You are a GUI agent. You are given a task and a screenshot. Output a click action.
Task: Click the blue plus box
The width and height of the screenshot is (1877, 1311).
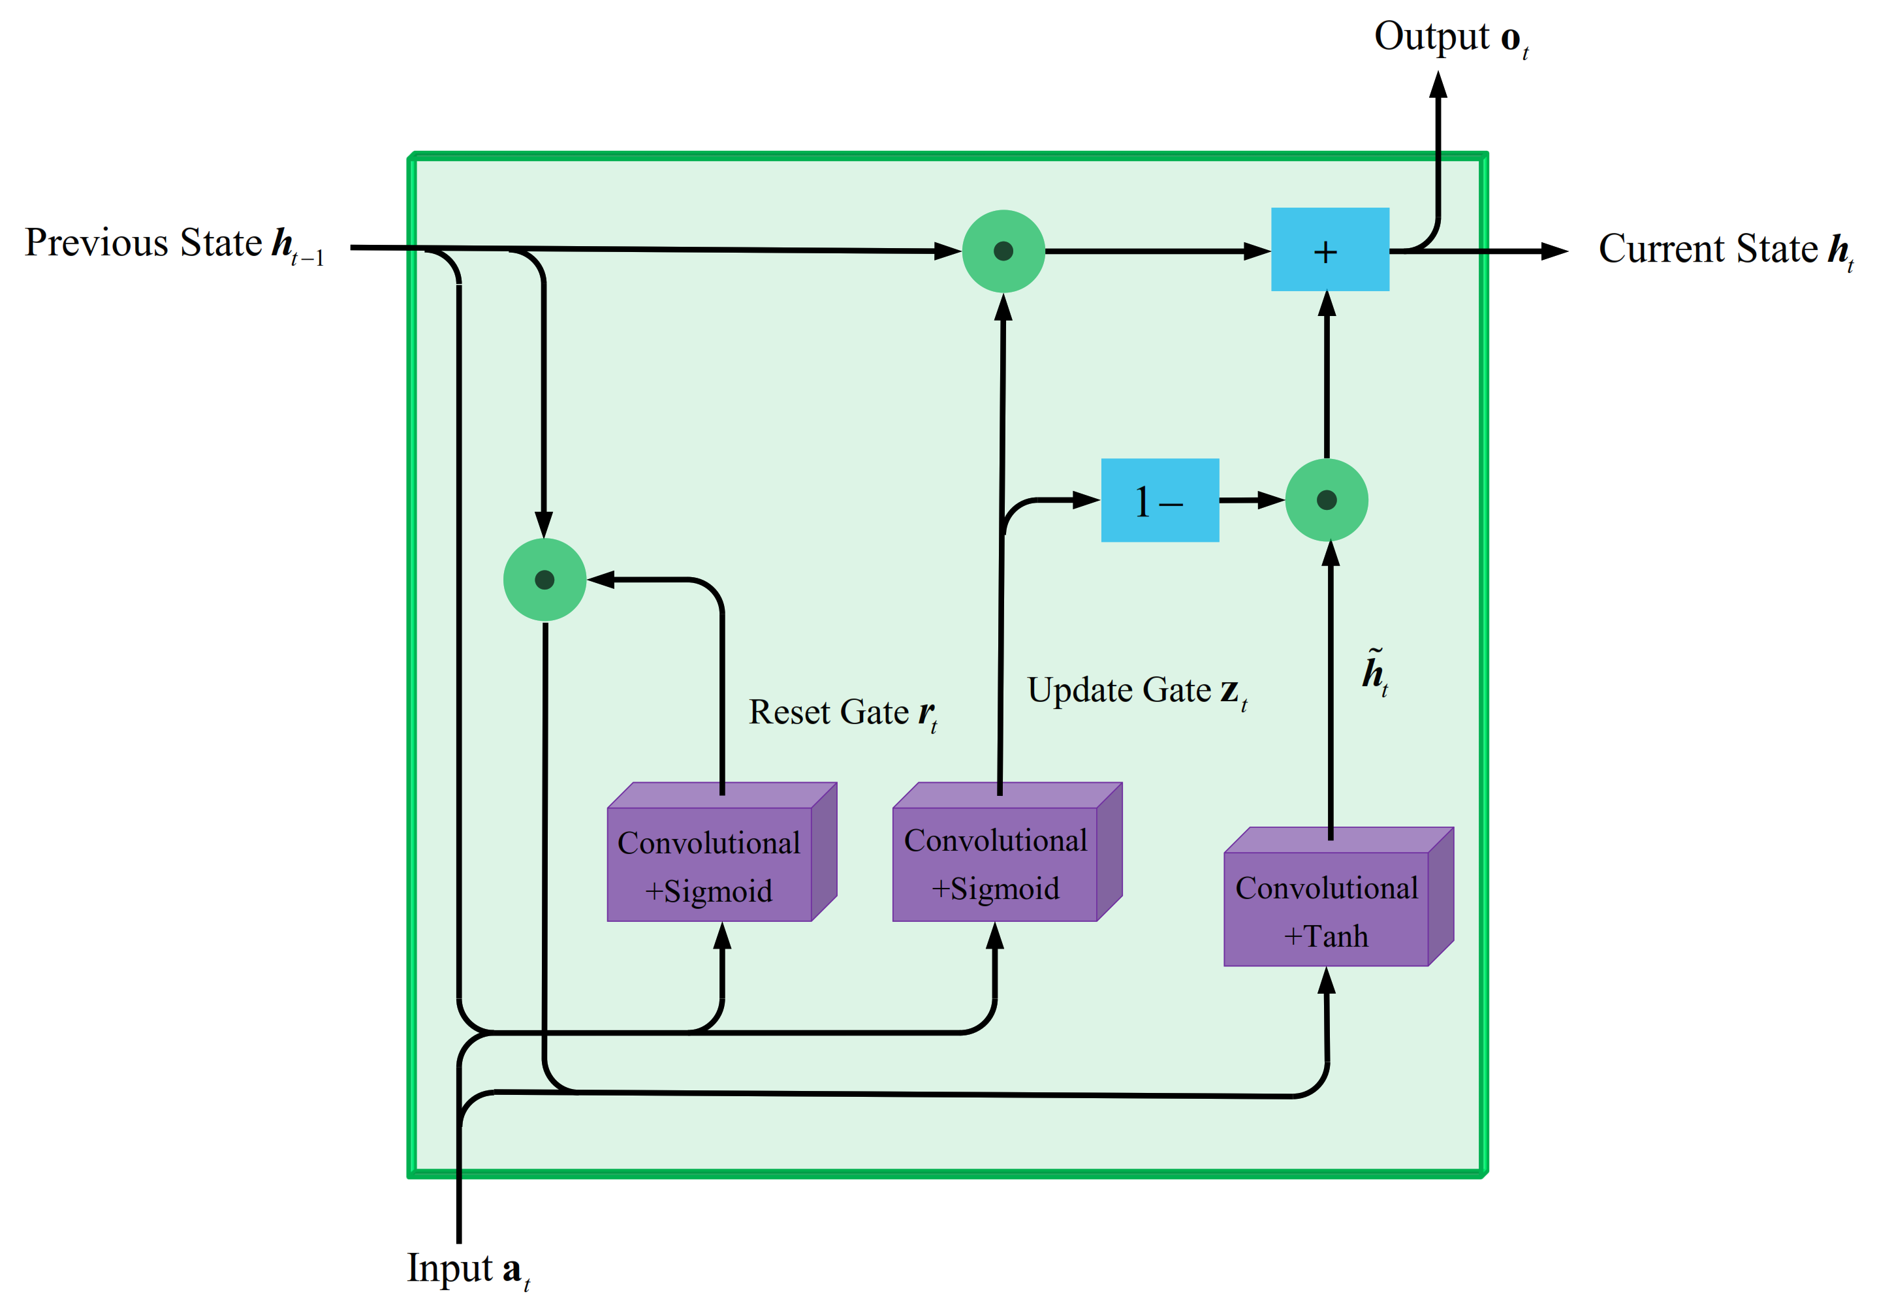pyautogui.click(x=1329, y=249)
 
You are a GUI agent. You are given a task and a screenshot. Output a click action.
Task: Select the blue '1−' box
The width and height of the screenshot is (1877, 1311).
pyautogui.click(x=1159, y=500)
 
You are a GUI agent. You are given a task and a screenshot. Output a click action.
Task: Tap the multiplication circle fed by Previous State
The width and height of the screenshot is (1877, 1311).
pyautogui.click(x=1003, y=251)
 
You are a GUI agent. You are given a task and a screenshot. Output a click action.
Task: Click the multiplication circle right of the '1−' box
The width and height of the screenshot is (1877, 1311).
pyautogui.click(x=1326, y=500)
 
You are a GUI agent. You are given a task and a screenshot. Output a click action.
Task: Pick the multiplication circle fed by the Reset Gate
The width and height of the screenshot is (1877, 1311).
pyautogui.click(x=544, y=580)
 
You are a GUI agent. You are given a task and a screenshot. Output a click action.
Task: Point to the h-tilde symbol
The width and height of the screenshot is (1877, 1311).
pyautogui.click(x=1374, y=671)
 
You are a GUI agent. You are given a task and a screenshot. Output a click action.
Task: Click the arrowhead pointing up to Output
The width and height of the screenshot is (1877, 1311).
pyautogui.click(x=1438, y=85)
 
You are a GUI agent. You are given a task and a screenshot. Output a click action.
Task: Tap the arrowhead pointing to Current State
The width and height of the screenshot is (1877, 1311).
pyautogui.click(x=1553, y=251)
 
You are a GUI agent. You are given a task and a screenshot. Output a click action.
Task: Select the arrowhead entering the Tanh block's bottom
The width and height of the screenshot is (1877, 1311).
pyautogui.click(x=1326, y=981)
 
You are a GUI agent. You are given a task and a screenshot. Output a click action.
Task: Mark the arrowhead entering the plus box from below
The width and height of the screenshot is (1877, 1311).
pyautogui.click(x=1327, y=305)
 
